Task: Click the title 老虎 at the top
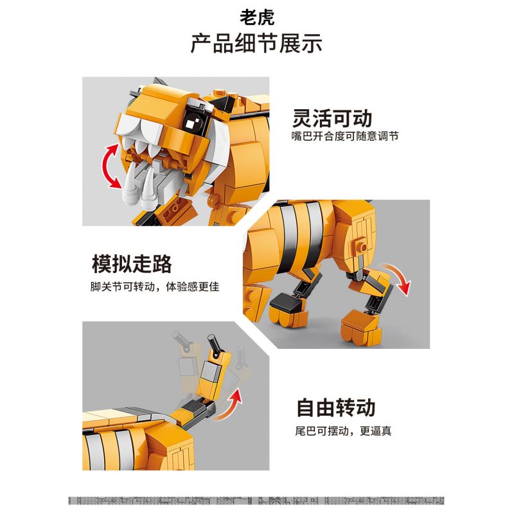[x=256, y=17]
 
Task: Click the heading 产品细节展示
[x=256, y=44]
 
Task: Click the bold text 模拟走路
[x=132, y=264]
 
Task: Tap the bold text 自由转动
[x=335, y=408]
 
